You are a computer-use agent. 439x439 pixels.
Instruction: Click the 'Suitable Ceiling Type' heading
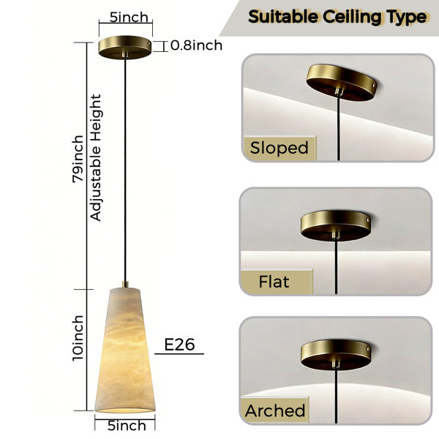point(337,17)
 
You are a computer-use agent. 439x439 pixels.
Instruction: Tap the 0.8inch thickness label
point(196,45)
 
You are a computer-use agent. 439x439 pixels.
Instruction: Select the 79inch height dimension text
point(78,159)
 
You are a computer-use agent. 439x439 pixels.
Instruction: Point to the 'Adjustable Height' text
point(95,157)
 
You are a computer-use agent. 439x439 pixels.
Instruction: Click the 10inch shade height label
point(78,338)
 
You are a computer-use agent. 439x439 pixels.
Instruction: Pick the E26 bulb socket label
point(179,345)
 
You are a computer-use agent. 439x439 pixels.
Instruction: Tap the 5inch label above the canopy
point(129,18)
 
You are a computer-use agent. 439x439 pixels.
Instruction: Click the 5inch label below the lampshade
point(127,426)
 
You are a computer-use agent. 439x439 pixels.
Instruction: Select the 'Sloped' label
point(279,148)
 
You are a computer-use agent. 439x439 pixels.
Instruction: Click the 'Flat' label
point(274,282)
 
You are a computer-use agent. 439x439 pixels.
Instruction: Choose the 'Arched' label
point(275,410)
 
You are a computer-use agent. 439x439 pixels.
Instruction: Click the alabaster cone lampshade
point(125,350)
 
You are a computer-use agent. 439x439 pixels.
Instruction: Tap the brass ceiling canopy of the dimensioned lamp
point(125,47)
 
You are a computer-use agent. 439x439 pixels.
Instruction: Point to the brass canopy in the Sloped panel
point(341,82)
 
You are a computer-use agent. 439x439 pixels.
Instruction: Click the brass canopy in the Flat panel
point(336,225)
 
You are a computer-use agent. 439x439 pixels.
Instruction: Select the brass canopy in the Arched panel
point(336,354)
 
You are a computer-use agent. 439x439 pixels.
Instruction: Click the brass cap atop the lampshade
point(125,285)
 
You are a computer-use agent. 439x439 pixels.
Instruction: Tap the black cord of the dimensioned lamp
point(125,170)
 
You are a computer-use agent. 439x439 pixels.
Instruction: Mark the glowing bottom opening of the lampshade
point(125,410)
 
